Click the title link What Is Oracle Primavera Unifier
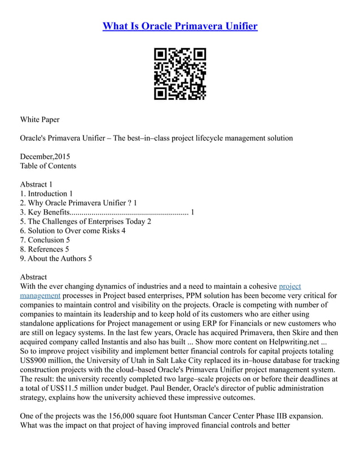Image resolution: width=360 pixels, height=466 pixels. coord(180,27)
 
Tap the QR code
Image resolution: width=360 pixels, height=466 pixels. coord(180,74)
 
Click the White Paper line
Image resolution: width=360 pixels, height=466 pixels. coord(39,120)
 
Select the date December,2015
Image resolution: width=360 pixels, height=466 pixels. coord(45,156)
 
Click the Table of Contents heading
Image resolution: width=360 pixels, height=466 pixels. coord(48,166)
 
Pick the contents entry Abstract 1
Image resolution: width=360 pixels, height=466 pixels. coord(36,184)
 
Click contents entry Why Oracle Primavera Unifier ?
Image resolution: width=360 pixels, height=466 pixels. coord(78,203)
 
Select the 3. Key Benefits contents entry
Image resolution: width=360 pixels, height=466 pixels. coord(107,212)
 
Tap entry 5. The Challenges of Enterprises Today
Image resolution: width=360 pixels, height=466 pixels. coord(85,221)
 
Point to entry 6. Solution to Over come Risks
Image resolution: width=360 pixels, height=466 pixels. coord(72,231)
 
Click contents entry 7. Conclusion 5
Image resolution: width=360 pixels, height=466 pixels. coord(45,240)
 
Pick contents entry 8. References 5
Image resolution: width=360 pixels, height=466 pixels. coord(45,249)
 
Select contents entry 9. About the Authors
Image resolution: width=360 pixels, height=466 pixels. coord(56,258)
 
